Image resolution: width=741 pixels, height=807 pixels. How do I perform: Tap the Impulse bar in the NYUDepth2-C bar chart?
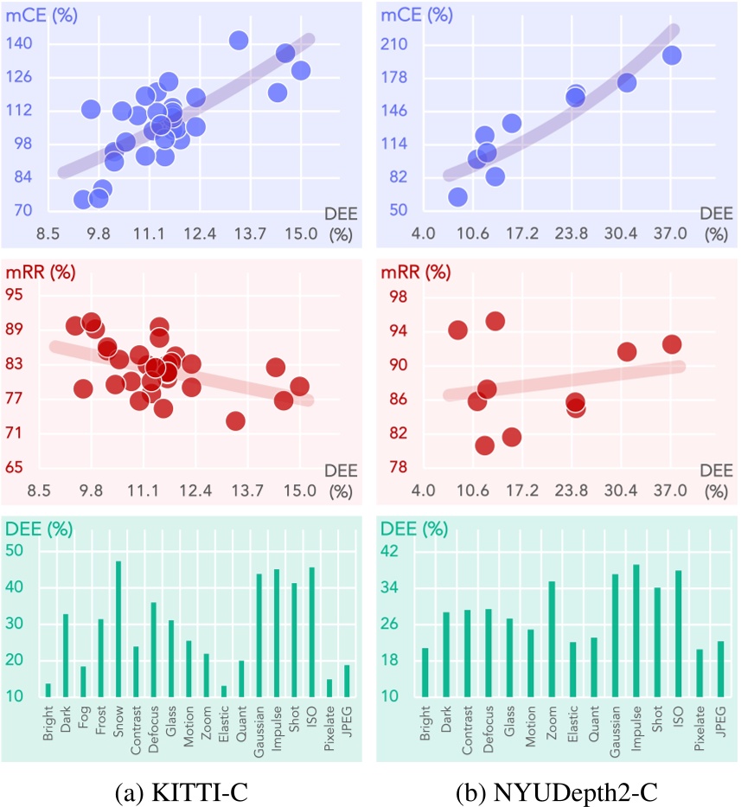pos(635,631)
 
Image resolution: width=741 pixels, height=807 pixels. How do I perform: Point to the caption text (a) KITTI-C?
pos(185,789)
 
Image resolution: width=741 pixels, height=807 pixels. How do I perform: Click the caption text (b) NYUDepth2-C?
pos(557,789)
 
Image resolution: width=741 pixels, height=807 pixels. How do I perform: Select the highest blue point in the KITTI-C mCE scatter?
pos(240,41)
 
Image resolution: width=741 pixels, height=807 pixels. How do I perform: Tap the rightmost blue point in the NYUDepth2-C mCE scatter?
pos(672,55)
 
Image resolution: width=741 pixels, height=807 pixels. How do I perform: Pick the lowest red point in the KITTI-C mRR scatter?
pos(235,420)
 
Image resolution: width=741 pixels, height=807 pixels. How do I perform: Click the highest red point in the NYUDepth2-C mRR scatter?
pos(495,322)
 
